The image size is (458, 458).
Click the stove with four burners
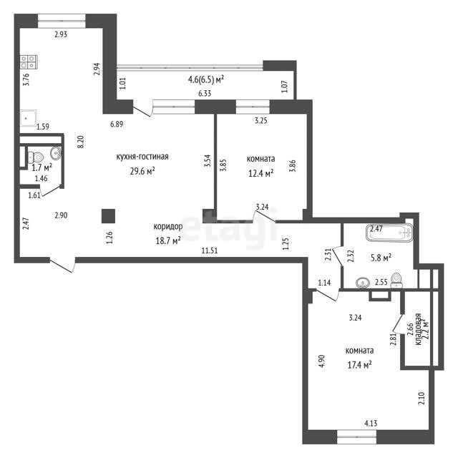click(x=29, y=62)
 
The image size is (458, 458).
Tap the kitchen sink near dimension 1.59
click(x=29, y=118)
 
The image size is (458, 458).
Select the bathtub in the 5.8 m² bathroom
click(x=389, y=233)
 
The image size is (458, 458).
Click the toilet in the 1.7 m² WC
click(x=36, y=157)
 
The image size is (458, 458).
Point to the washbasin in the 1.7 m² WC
click(x=56, y=152)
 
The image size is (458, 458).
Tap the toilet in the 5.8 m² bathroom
click(x=396, y=280)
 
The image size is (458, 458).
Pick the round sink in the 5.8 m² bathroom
click(x=364, y=283)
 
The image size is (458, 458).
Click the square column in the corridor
click(x=108, y=216)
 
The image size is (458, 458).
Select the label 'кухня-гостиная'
click(x=142, y=157)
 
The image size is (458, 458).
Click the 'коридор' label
click(x=168, y=226)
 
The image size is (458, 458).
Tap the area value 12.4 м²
click(x=260, y=173)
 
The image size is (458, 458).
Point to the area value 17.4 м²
click(x=359, y=364)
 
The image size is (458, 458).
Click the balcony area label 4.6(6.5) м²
click(x=206, y=79)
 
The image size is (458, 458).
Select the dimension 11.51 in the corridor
click(x=210, y=250)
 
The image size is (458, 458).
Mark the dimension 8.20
click(x=80, y=142)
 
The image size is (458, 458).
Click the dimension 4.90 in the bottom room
click(x=321, y=361)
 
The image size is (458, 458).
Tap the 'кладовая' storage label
click(x=418, y=329)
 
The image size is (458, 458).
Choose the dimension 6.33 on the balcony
click(x=205, y=94)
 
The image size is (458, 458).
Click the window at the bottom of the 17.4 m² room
click(x=356, y=437)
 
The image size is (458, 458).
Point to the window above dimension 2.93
click(x=62, y=21)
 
